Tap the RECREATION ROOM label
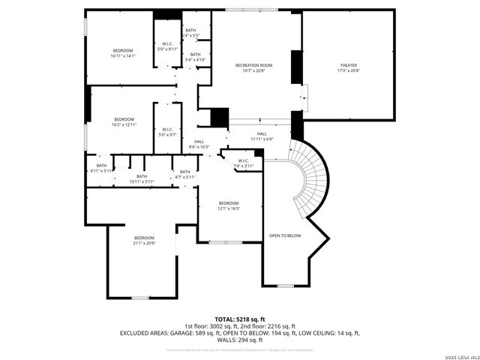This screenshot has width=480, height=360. pyautogui.click(x=253, y=65)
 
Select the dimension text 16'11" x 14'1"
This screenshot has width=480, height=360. pyautogui.click(x=122, y=55)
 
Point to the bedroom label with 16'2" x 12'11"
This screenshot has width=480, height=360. pyautogui.click(x=124, y=119)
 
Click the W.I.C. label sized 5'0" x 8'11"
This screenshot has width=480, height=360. pyautogui.click(x=168, y=43)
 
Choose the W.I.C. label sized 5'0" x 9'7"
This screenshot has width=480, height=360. pyautogui.click(x=168, y=130)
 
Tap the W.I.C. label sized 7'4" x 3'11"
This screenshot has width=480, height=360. pyautogui.click(x=243, y=160)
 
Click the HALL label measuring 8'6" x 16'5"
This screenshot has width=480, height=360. pyautogui.click(x=199, y=142)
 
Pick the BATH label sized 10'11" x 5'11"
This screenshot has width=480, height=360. pyautogui.click(x=141, y=176)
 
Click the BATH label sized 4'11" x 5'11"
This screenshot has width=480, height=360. pyautogui.click(x=101, y=166)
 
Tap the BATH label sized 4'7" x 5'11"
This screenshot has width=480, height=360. pyautogui.click(x=184, y=172)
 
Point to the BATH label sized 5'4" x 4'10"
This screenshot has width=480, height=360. pyautogui.click(x=194, y=54)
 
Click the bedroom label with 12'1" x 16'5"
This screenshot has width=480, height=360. pyautogui.click(x=229, y=203)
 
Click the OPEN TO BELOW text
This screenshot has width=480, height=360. pyautogui.click(x=285, y=235)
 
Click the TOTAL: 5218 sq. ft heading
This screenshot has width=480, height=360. pyautogui.click(x=240, y=319)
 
